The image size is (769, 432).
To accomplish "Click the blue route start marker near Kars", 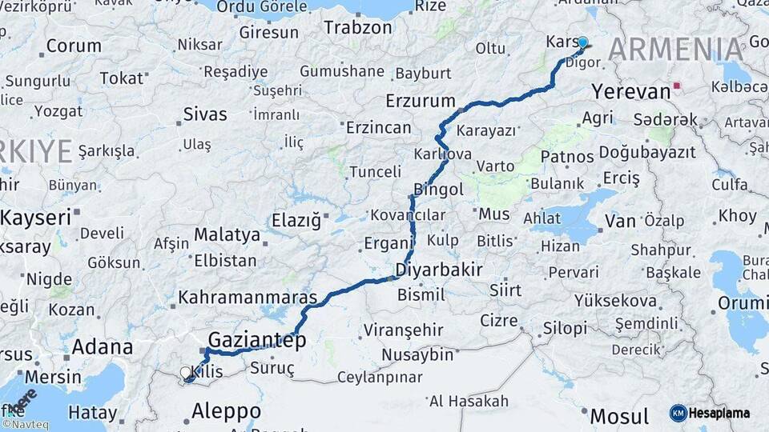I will point(582,43).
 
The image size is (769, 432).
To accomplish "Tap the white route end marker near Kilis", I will point(187,374).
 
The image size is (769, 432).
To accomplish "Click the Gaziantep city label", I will point(257,341).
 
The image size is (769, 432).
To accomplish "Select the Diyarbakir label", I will point(439,270).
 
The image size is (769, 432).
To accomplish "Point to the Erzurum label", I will point(420,102).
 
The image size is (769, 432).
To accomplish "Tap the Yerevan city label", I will point(631,91).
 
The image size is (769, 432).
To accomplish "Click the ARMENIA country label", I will point(675,50).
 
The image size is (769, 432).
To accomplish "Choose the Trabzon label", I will point(358,27).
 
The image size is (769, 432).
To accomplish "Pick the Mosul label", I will point(619,416).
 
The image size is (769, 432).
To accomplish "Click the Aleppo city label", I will point(226,411).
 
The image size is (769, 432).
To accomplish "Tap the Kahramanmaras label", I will point(248,298).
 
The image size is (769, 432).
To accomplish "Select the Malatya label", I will point(227,235).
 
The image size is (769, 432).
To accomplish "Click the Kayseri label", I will point(36,217).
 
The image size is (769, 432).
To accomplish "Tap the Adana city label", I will point(103,347).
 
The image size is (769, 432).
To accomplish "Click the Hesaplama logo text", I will point(719,413).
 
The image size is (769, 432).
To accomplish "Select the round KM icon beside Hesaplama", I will point(678,413).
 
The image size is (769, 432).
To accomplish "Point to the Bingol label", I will point(438,190).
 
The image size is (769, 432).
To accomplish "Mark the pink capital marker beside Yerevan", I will point(678,86).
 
